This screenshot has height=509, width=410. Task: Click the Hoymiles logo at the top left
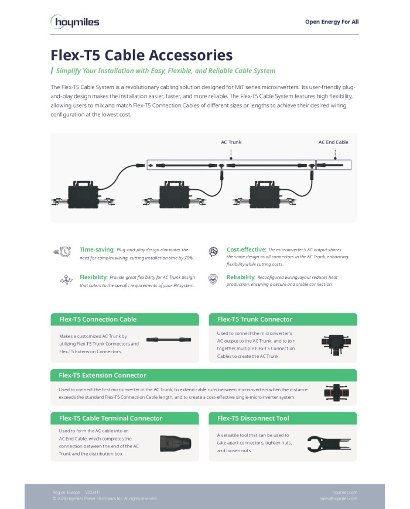74,22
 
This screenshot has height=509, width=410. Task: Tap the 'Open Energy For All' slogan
332,22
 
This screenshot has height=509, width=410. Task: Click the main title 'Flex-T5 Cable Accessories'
142,56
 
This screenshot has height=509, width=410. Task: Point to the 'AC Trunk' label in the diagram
231,142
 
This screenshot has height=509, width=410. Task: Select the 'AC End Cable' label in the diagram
333,142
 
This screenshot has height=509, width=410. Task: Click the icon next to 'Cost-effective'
214,252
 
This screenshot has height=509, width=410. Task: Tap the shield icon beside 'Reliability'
214,279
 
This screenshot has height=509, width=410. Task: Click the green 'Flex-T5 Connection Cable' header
97,319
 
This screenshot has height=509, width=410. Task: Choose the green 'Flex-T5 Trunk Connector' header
255,319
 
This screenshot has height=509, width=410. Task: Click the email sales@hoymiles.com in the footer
339,498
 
